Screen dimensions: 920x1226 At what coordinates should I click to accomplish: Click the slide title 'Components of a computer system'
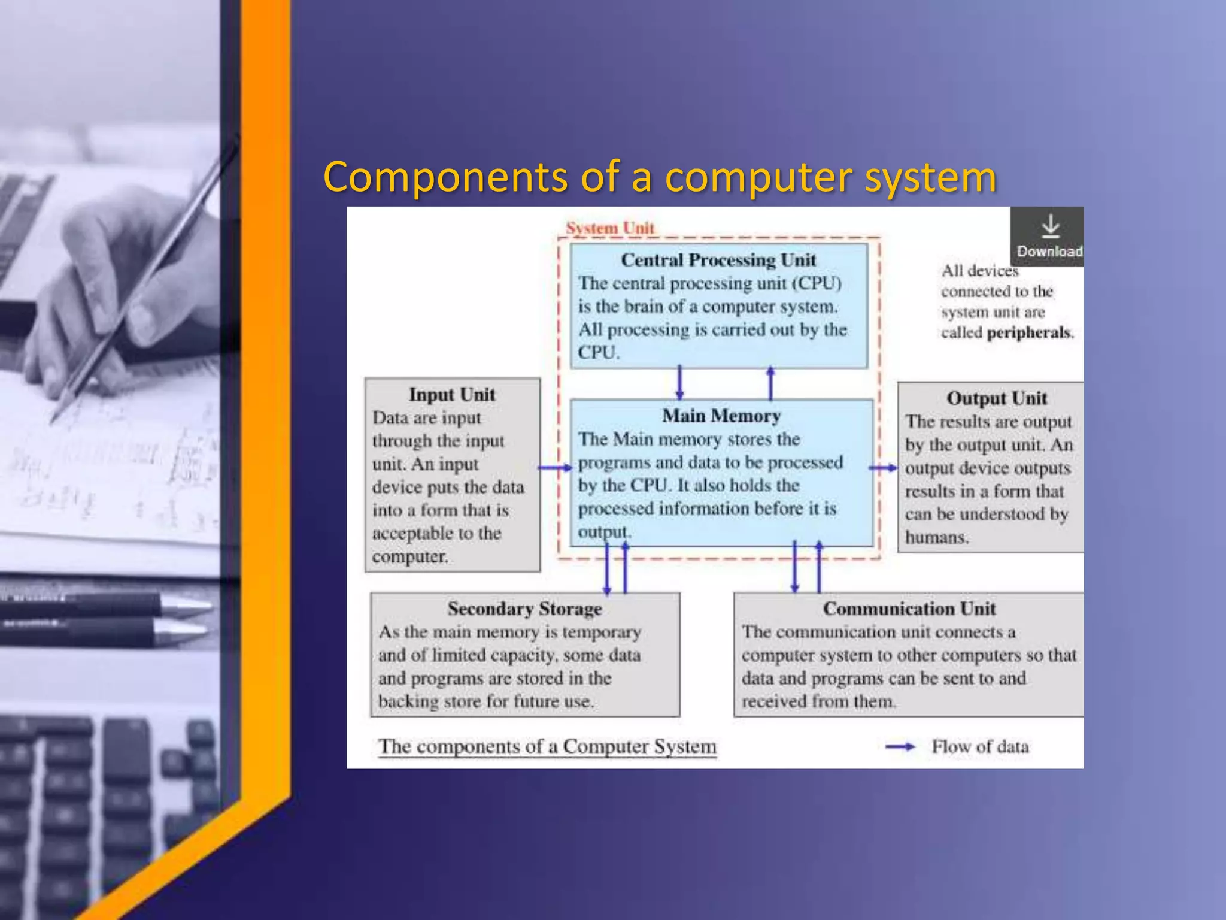(x=660, y=177)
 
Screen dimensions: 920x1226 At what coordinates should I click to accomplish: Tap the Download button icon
(x=1050, y=228)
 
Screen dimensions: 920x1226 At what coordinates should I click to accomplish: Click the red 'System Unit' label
(x=609, y=228)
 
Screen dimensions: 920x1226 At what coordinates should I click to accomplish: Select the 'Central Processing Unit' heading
(x=718, y=260)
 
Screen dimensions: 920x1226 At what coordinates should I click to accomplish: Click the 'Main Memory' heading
(x=721, y=416)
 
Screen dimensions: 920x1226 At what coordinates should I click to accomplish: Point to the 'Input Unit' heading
(x=452, y=395)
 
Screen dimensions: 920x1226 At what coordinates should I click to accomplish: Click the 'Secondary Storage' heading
(x=524, y=609)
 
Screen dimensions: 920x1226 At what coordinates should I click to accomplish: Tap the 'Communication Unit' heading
(x=909, y=609)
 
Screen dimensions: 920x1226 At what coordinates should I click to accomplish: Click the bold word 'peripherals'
(x=1028, y=332)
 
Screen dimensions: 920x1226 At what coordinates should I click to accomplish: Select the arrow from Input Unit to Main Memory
(x=555, y=468)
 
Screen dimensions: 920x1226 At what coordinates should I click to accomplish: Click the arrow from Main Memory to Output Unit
(x=884, y=468)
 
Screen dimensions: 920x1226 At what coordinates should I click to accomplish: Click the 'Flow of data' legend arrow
(x=900, y=746)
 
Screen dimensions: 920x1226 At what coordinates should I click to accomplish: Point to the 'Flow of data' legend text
(x=980, y=747)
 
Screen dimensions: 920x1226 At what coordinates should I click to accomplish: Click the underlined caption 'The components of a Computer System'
(x=547, y=746)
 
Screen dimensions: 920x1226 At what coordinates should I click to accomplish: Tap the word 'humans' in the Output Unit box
(x=935, y=537)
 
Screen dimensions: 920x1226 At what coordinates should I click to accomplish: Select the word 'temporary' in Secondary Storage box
(x=601, y=632)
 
